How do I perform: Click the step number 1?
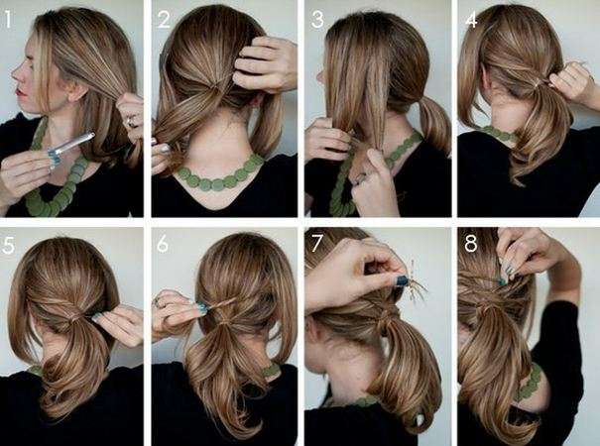[8, 20]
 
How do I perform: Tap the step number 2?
[164, 20]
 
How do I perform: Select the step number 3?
[317, 20]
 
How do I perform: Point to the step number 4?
[471, 20]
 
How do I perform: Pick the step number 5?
[8, 245]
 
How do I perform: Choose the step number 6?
[163, 244]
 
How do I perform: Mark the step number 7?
[316, 243]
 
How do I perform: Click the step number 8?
[471, 243]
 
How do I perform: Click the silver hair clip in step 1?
[71, 146]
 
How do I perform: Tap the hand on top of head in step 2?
[265, 64]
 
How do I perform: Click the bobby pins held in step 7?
[416, 285]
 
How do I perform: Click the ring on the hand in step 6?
[158, 303]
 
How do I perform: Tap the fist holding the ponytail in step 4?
[570, 81]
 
